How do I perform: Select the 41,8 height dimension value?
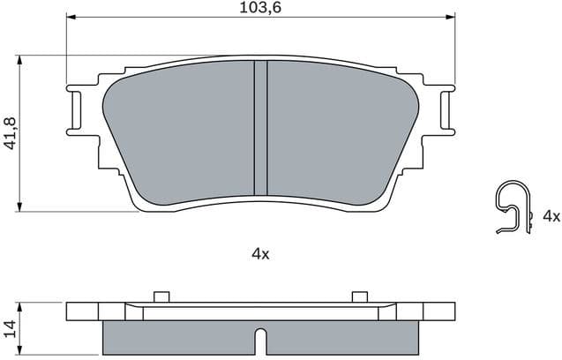pyautogui.click(x=10, y=133)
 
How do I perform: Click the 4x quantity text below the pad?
pyautogui.click(x=259, y=253)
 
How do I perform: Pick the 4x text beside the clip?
pyautogui.click(x=551, y=215)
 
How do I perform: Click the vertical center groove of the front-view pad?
pyautogui.click(x=260, y=128)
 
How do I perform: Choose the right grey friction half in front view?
pyautogui.click(x=340, y=128)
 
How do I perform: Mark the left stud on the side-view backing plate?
pyautogui.click(x=161, y=296)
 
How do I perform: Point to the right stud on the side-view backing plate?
pyautogui.click(x=359, y=296)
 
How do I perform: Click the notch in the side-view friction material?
pyautogui.click(x=260, y=340)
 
